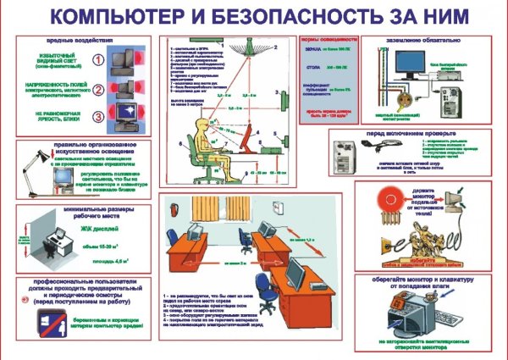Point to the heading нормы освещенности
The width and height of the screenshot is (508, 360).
[322, 41]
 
